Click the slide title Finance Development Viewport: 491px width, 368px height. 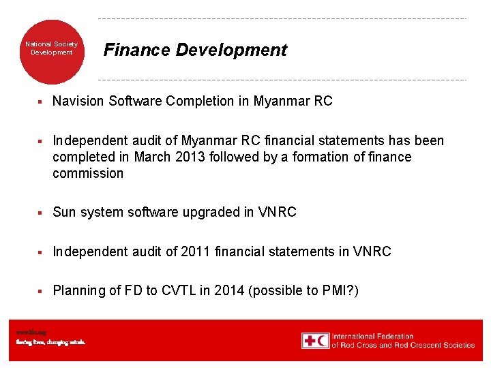195,50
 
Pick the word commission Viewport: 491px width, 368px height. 88,173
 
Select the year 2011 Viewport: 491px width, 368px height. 197,251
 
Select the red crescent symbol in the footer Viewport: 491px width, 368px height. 323,340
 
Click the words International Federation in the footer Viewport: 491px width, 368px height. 372,336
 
